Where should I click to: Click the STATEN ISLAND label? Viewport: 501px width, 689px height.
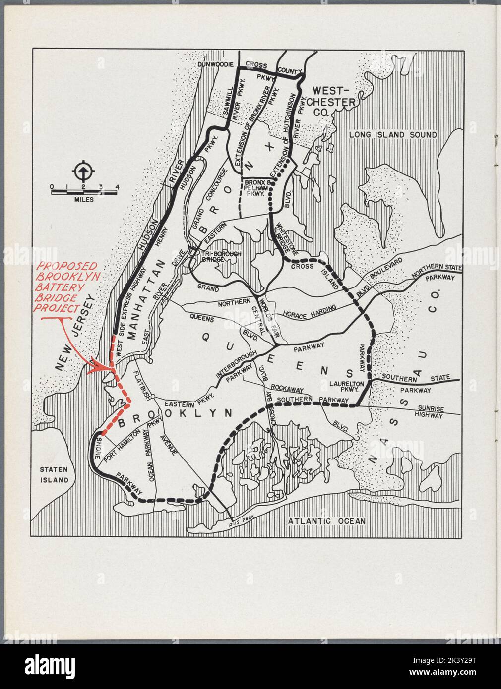click(55, 474)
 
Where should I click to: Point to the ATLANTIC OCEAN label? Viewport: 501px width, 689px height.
click(327, 521)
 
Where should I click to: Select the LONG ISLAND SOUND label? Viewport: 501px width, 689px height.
click(392, 135)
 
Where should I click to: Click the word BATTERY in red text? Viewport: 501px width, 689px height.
click(56, 287)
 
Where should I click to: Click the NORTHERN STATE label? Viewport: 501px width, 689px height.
click(437, 272)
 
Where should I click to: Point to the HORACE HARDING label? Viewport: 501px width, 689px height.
click(310, 311)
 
